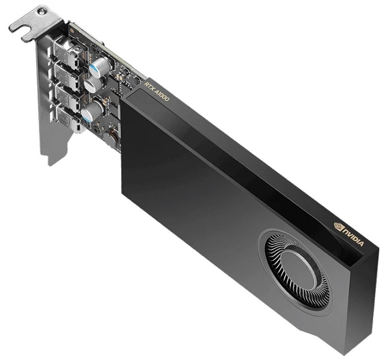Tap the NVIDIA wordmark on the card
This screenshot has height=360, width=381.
pyautogui.click(x=353, y=236)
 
